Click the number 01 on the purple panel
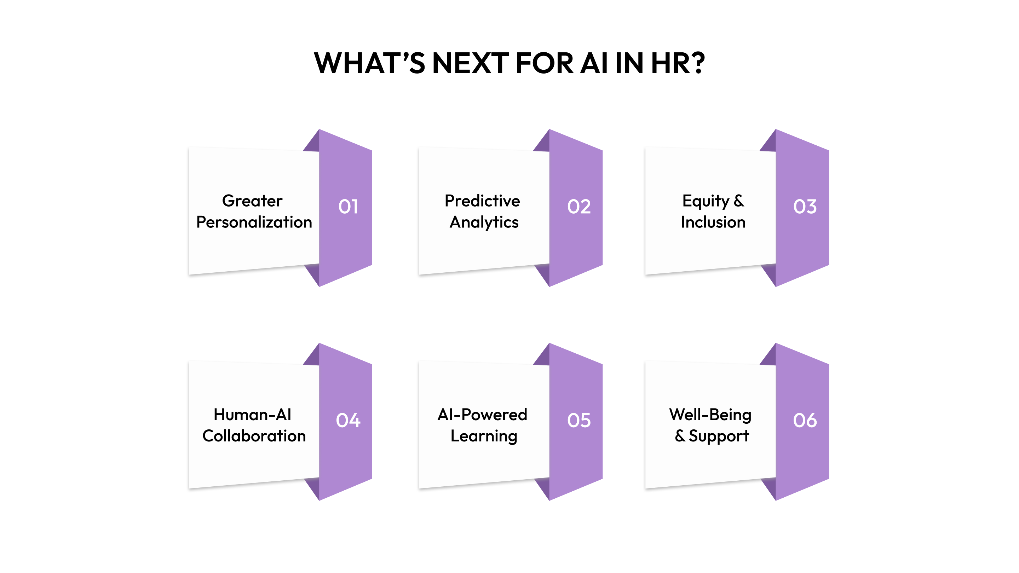(348, 207)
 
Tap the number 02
(579, 207)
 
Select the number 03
(805, 207)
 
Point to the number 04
(348, 420)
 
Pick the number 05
(579, 420)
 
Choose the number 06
(805, 420)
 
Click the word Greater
(252, 201)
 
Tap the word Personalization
(254, 222)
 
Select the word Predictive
(482, 201)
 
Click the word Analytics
(484, 222)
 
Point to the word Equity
(705, 201)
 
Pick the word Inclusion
(713, 222)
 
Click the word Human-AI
(252, 415)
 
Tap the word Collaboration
(254, 436)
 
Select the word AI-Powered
(482, 415)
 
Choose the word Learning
(484, 436)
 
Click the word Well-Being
(710, 415)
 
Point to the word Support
(719, 436)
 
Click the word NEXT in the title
(470, 63)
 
